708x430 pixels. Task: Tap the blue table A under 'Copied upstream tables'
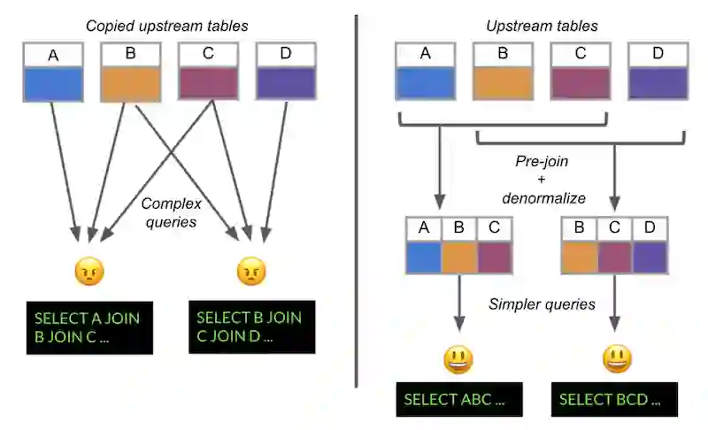coord(53,71)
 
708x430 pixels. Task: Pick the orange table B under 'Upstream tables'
coord(502,71)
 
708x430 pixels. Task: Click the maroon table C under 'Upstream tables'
coord(580,71)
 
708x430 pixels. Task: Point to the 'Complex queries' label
coord(168,213)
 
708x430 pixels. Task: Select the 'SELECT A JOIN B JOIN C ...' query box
coord(88,327)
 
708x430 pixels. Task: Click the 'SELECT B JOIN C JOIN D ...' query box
coord(251,327)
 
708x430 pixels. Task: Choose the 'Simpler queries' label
coord(542,305)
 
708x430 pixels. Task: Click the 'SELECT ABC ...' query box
coord(458,399)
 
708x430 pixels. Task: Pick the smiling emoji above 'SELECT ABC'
coord(458,359)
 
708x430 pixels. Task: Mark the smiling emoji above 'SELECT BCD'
coord(617,359)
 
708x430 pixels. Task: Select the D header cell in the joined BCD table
coord(650,228)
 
